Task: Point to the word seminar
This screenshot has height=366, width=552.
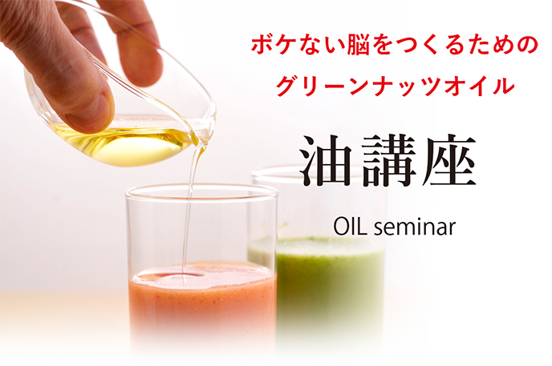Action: click(415, 227)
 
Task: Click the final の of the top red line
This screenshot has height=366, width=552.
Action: click(526, 46)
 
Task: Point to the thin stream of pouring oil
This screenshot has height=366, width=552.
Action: click(189, 211)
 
